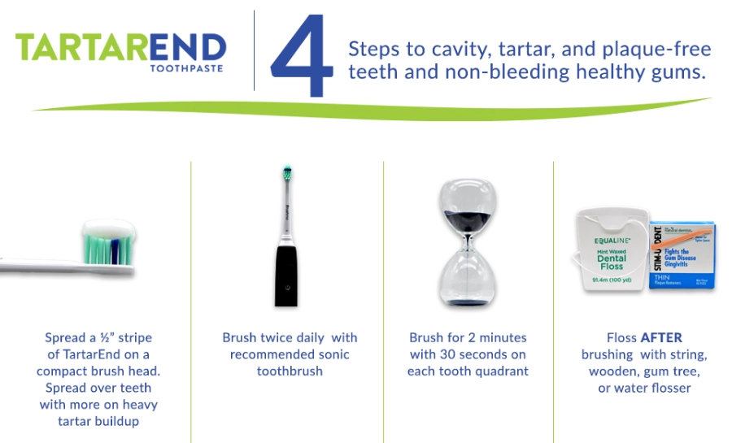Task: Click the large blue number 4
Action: click(302, 55)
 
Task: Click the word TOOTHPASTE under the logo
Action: click(186, 68)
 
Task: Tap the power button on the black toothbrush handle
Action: click(285, 286)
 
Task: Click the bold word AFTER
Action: click(660, 337)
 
